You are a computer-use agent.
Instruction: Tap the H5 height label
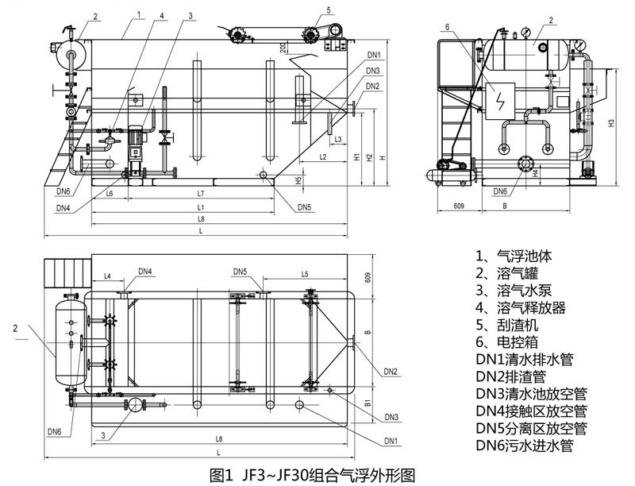[x=298, y=179]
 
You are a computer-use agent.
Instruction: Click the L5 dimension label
[x=305, y=274]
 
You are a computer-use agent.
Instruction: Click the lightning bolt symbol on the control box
[x=499, y=99]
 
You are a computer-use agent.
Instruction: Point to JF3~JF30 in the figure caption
[x=271, y=475]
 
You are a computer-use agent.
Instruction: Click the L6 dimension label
[x=109, y=195]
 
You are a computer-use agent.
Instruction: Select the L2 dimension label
[x=323, y=157]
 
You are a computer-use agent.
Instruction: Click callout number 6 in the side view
[x=448, y=28]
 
